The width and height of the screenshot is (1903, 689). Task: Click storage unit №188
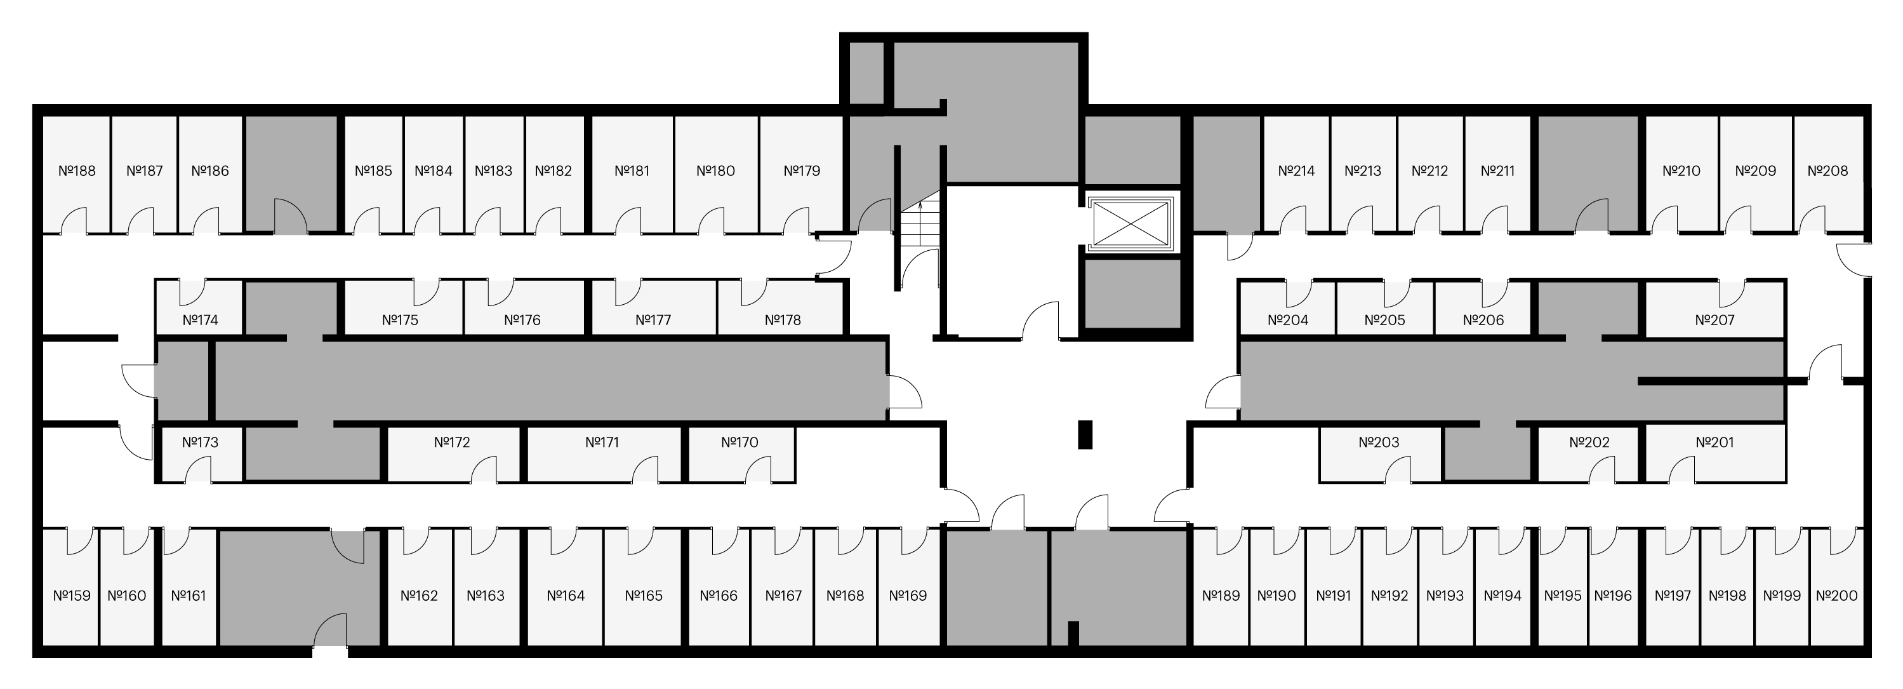click(x=77, y=175)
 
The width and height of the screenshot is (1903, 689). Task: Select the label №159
click(x=72, y=596)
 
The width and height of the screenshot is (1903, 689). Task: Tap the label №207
click(x=1714, y=320)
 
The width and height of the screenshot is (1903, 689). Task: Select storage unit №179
click(x=802, y=175)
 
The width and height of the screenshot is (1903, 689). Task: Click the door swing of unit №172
click(x=484, y=469)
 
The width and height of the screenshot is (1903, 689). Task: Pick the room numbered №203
click(x=1380, y=454)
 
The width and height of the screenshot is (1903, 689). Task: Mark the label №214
click(x=1297, y=171)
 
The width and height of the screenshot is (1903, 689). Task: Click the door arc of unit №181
click(x=628, y=220)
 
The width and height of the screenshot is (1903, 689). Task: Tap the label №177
click(x=653, y=320)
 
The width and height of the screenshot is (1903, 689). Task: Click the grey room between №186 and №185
click(x=291, y=175)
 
